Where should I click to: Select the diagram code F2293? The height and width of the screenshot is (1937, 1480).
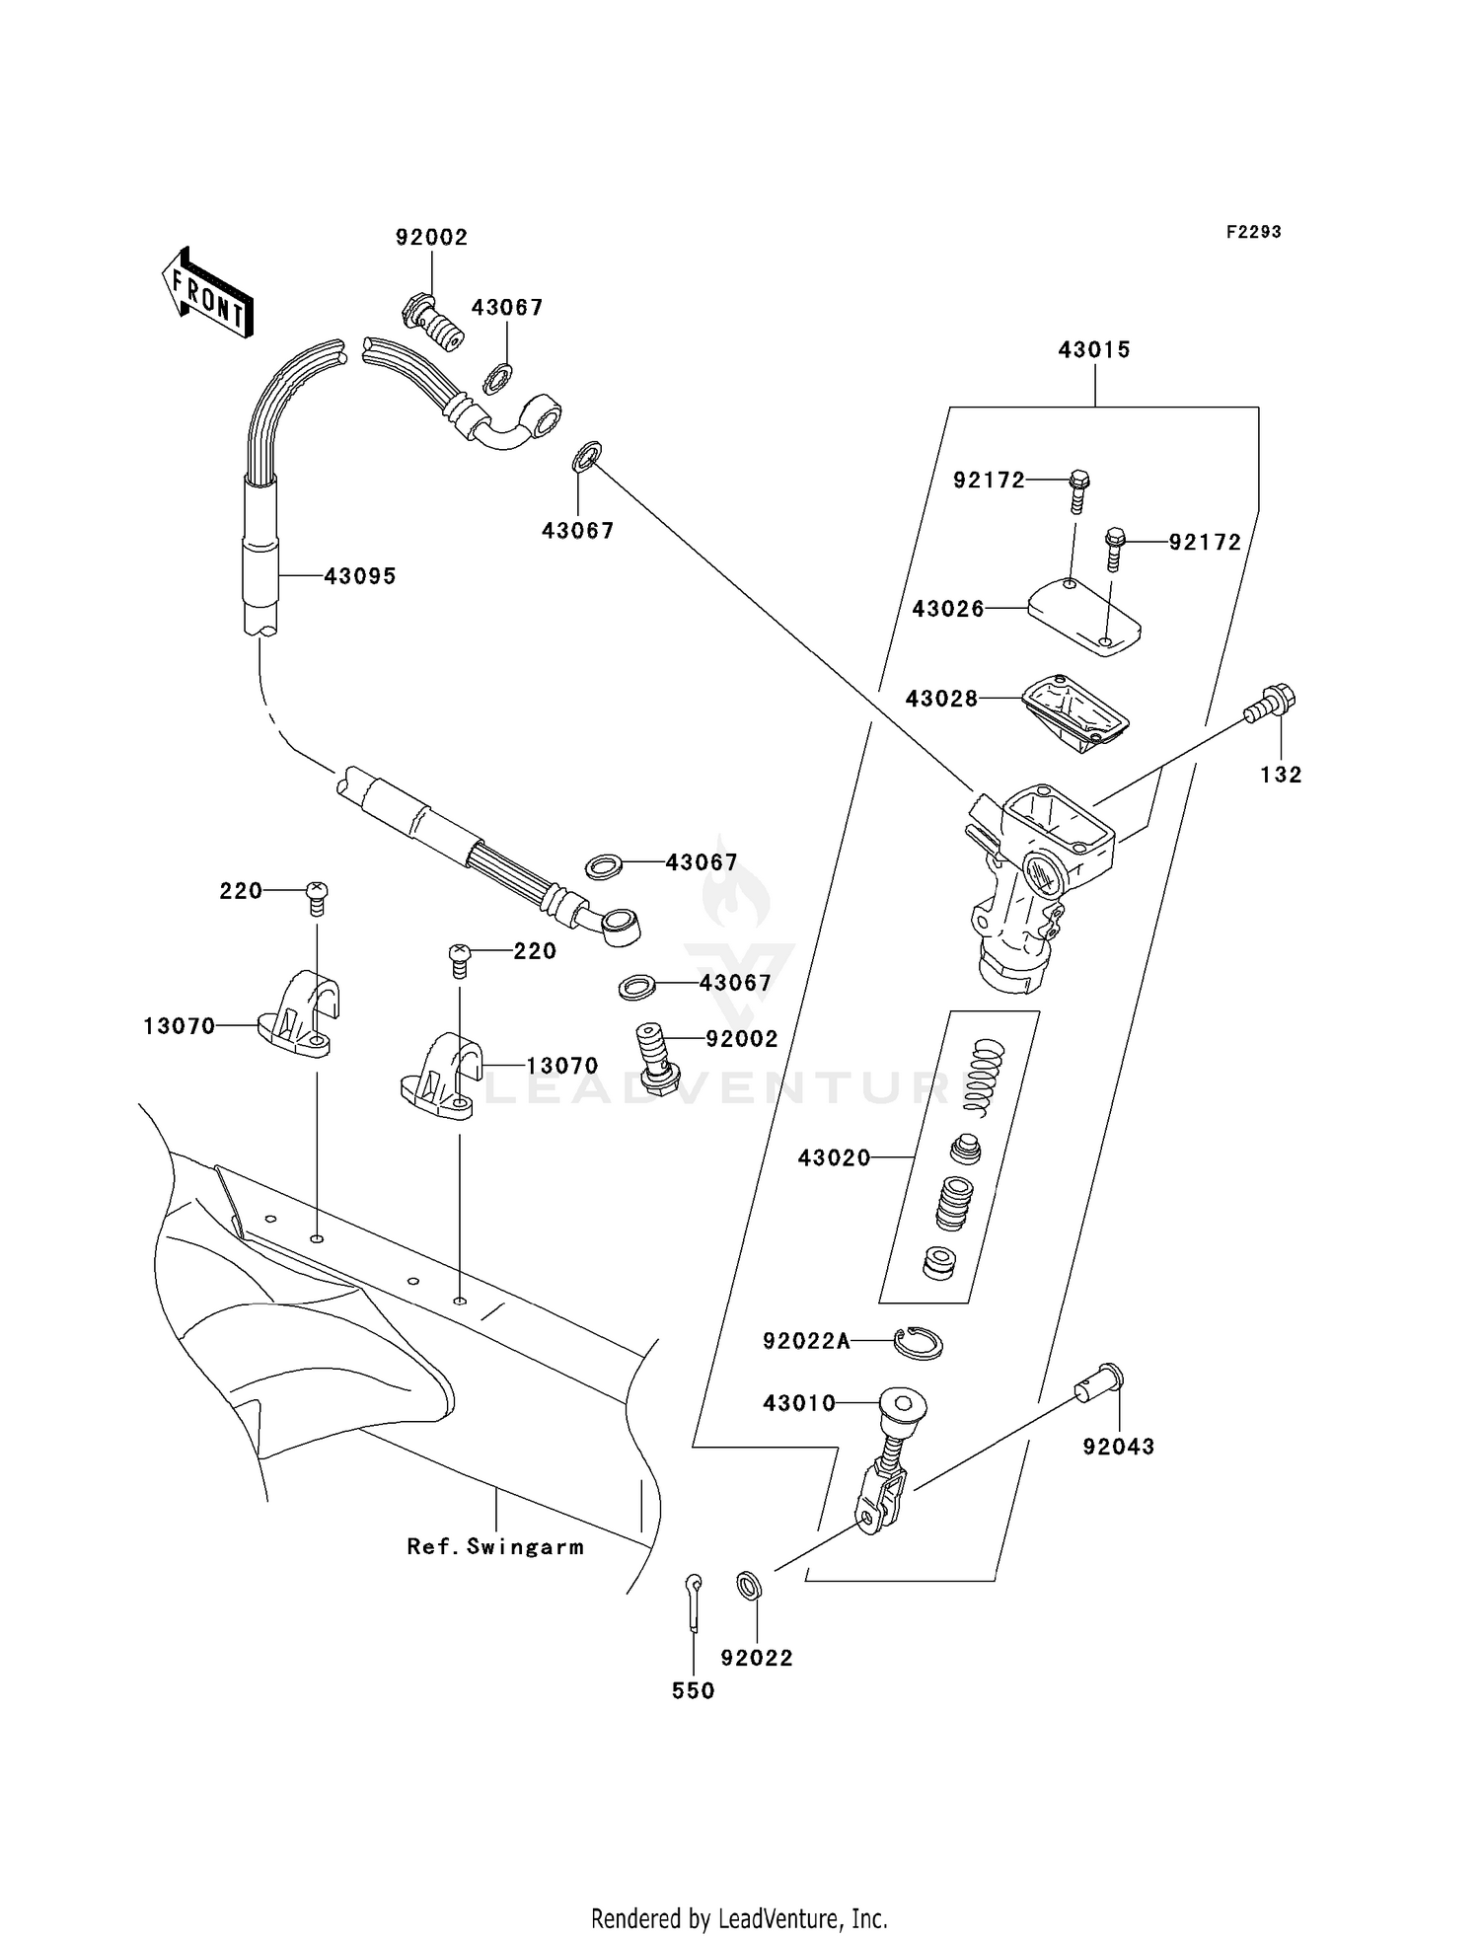coord(1253,232)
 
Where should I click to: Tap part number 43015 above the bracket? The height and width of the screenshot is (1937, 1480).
coord(1094,349)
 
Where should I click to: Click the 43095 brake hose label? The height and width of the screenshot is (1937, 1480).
coord(360,576)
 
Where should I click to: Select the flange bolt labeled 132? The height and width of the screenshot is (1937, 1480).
coord(1270,705)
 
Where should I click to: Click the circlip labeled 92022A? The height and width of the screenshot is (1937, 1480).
coord(919,1342)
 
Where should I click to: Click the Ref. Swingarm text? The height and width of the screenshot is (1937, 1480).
coord(495,1547)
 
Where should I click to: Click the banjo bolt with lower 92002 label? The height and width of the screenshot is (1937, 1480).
coord(654,1057)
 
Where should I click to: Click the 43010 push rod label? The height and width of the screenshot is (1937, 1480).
coord(799,1403)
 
